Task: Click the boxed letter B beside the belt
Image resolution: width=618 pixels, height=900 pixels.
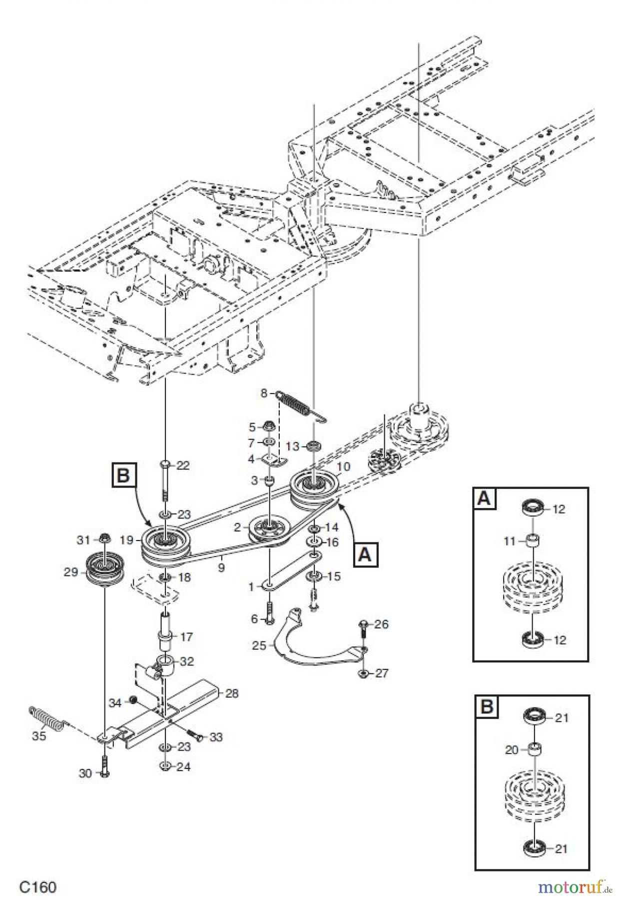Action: pos(123,475)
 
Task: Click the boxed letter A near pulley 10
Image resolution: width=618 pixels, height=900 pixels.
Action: pos(366,554)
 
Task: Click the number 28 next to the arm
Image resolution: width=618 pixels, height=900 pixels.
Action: pos(231,693)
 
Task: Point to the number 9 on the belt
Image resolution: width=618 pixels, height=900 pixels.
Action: pos(221,567)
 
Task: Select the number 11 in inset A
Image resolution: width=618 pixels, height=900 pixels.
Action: pos(510,540)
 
